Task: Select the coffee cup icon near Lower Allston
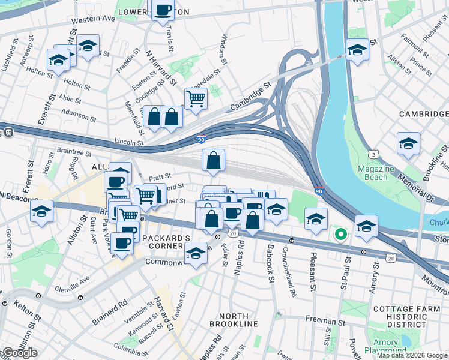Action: (x=163, y=10)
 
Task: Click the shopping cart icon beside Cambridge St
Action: (x=196, y=98)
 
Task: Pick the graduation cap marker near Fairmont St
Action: (x=357, y=50)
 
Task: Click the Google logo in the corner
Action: (x=20, y=353)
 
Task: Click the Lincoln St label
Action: (x=129, y=143)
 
